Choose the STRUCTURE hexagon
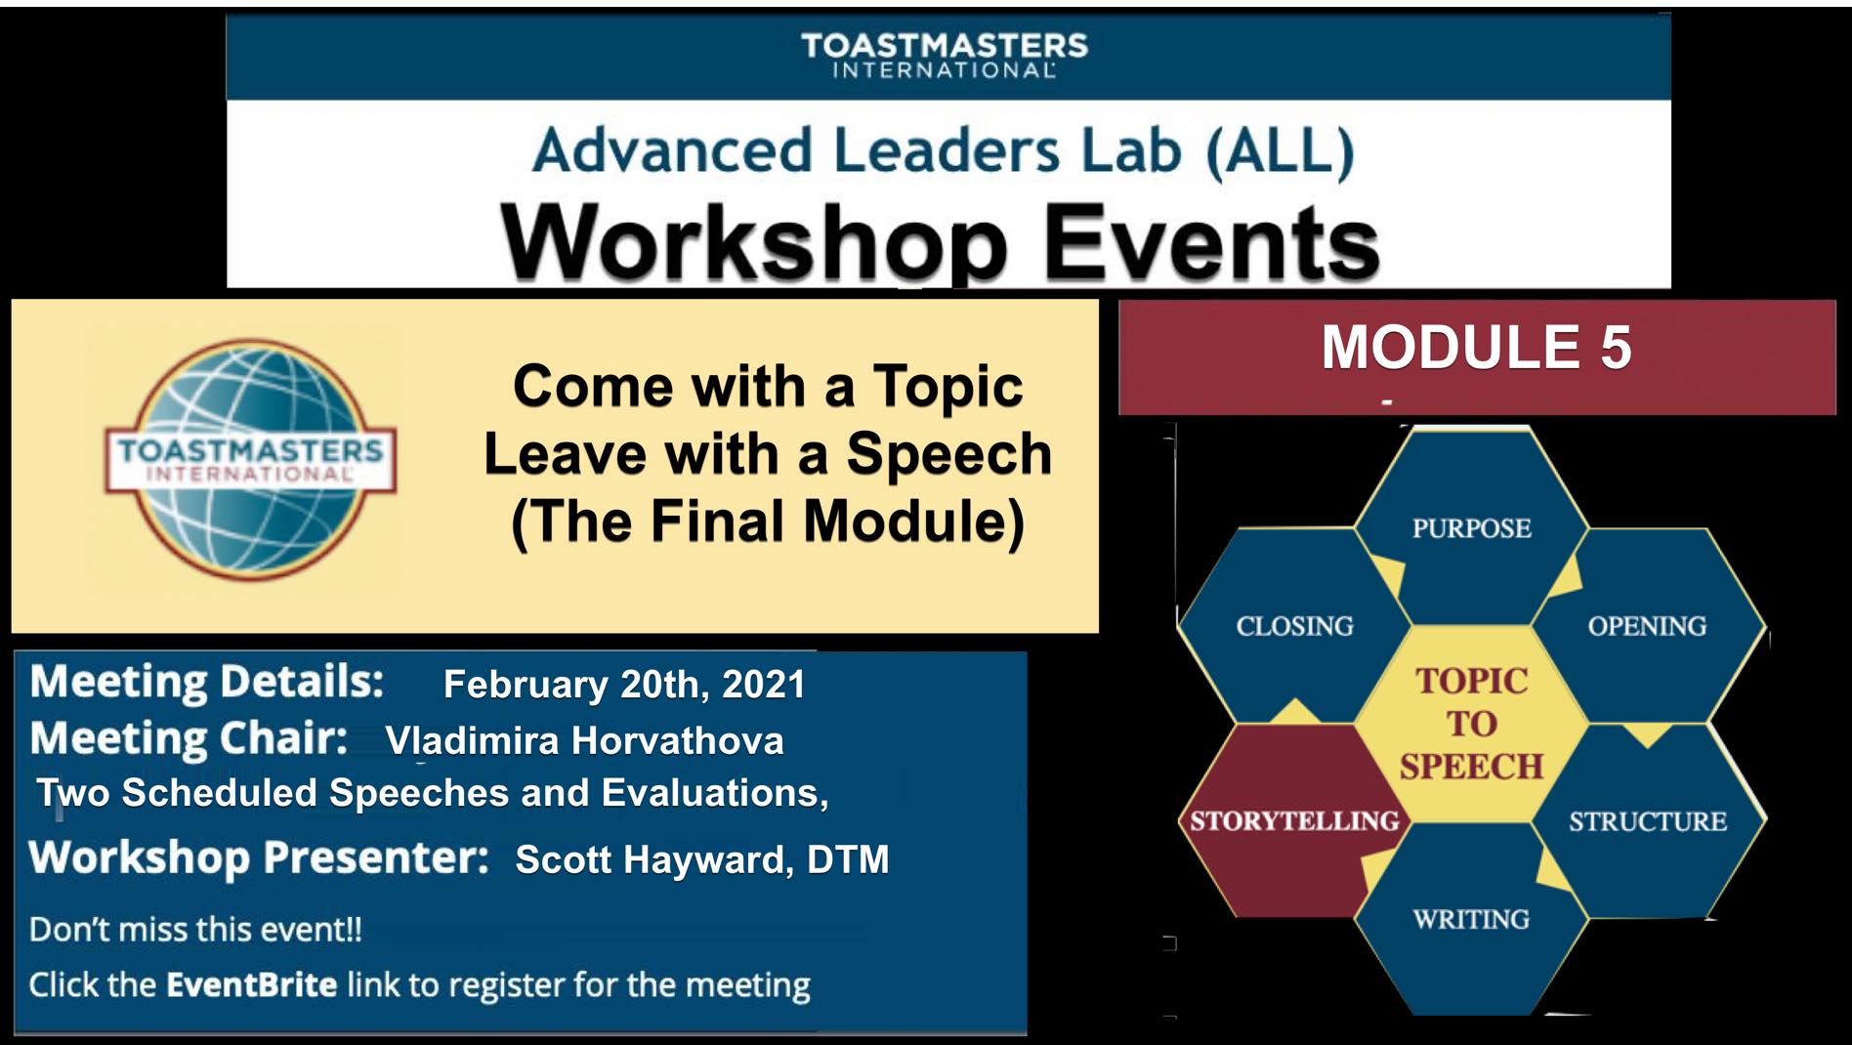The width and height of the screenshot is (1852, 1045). (x=1647, y=821)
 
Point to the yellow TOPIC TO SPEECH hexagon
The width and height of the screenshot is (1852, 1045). (x=1471, y=724)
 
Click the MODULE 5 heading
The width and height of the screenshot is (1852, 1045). (x=1476, y=348)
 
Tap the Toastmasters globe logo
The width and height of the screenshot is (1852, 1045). (x=250, y=457)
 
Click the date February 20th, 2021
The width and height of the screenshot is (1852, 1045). (x=624, y=685)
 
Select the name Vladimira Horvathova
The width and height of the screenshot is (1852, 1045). (x=584, y=741)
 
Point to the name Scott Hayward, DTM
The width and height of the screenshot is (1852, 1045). (x=701, y=859)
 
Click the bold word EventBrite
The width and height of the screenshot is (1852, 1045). (x=251, y=984)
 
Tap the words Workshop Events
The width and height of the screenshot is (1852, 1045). (x=940, y=242)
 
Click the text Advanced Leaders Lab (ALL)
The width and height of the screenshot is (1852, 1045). (x=944, y=150)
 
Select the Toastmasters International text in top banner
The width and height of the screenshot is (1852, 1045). (x=944, y=56)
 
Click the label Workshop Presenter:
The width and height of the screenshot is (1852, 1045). (x=259, y=858)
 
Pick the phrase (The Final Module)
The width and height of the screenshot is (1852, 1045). (x=768, y=522)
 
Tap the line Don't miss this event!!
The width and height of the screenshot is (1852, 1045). (x=195, y=929)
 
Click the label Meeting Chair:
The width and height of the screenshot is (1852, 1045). (x=189, y=739)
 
